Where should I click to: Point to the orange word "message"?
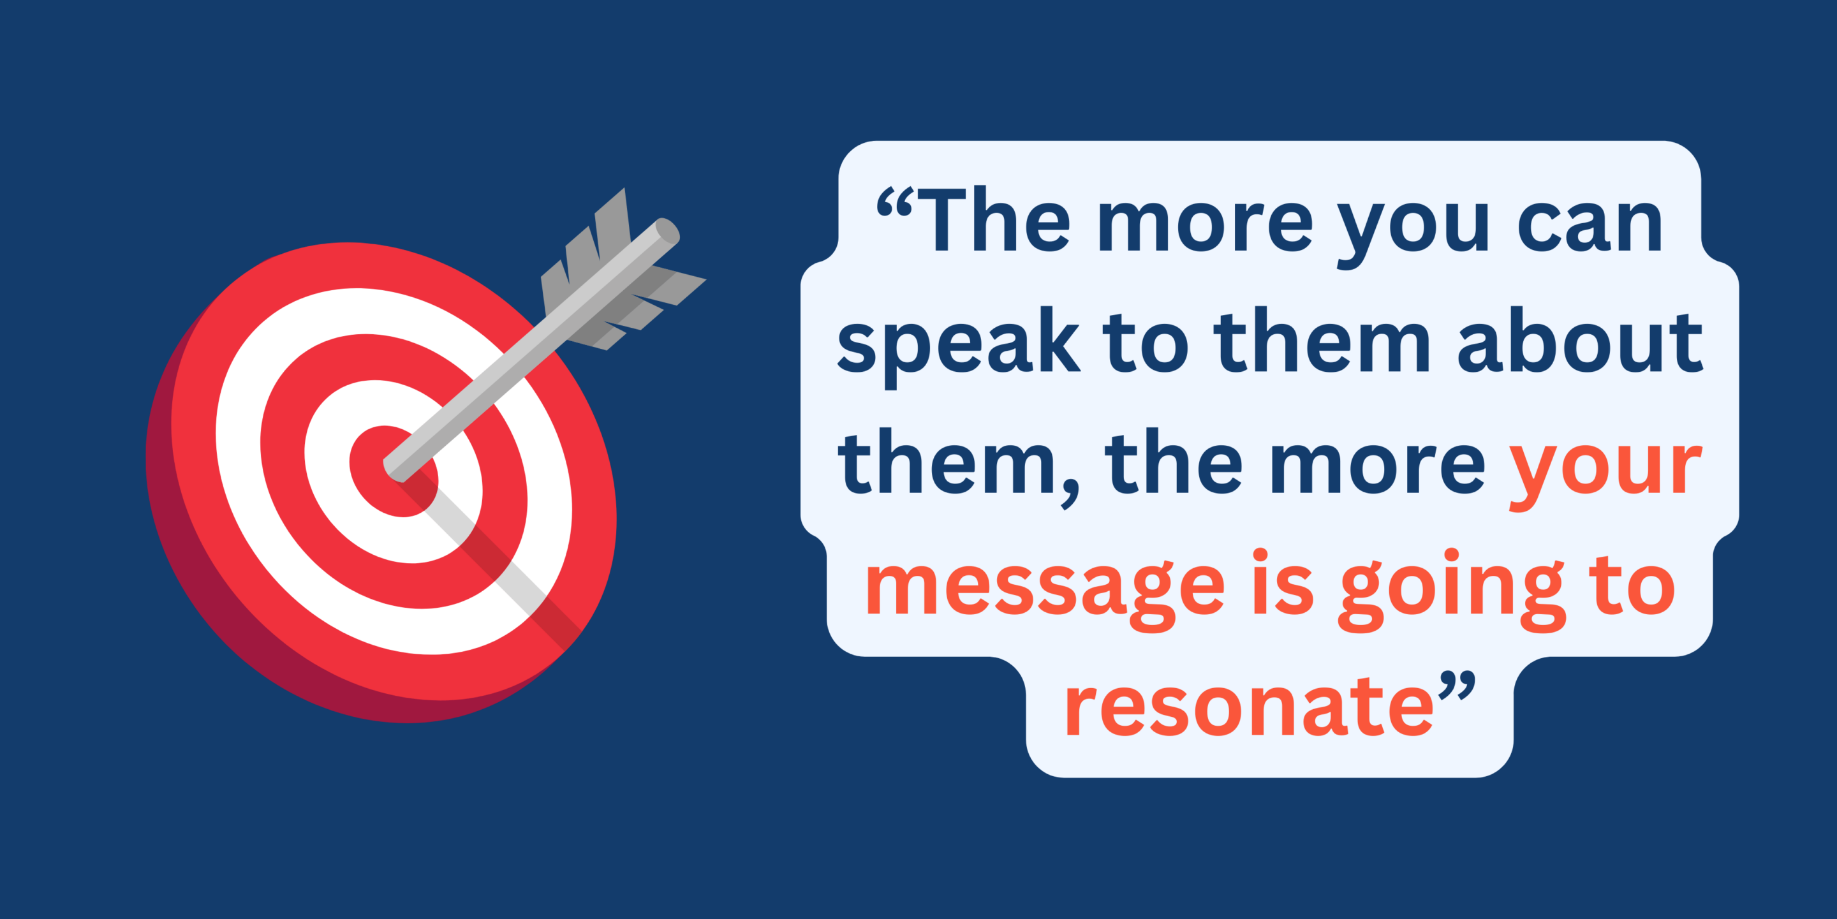1044,591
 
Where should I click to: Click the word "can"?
1590,225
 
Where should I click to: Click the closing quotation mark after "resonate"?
1456,687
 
